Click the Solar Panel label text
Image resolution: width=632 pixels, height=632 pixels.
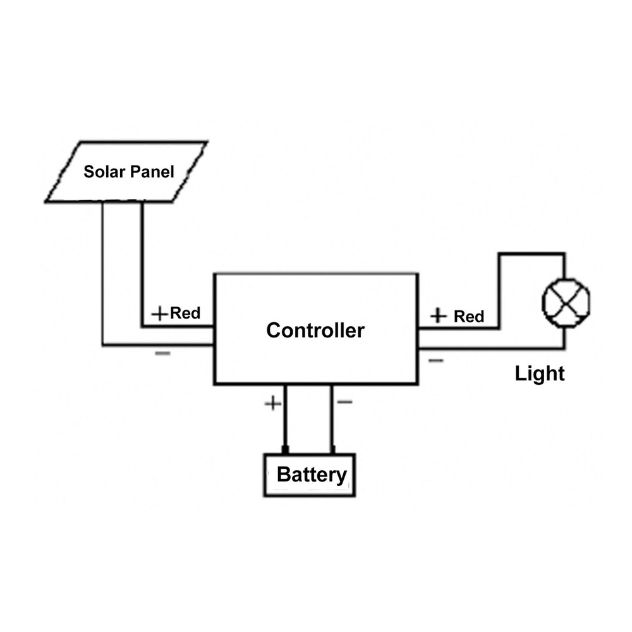click(129, 171)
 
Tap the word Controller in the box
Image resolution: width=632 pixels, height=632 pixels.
click(315, 330)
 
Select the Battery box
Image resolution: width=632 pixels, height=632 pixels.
click(310, 475)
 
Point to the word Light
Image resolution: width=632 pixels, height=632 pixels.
click(539, 374)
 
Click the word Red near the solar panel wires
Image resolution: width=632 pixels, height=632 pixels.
click(185, 313)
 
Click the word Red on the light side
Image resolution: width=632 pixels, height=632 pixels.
click(469, 316)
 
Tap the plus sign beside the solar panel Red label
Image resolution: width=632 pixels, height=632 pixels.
click(161, 313)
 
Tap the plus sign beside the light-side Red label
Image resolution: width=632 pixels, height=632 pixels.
click(439, 315)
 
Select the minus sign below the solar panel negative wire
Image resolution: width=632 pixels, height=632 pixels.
click(162, 353)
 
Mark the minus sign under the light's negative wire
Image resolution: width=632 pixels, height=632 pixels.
click(435, 360)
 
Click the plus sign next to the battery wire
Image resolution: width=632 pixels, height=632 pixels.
click(272, 403)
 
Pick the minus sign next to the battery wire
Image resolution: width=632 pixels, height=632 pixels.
click(345, 402)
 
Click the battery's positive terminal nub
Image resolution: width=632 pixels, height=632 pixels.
click(285, 450)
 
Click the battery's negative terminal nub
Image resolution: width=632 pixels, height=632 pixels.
click(332, 450)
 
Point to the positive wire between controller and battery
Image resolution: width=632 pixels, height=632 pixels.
click(285, 417)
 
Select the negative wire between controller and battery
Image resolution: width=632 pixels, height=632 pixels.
click(332, 417)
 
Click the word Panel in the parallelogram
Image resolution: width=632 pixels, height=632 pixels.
click(152, 171)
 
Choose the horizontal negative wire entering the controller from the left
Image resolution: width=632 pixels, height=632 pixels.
click(158, 345)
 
